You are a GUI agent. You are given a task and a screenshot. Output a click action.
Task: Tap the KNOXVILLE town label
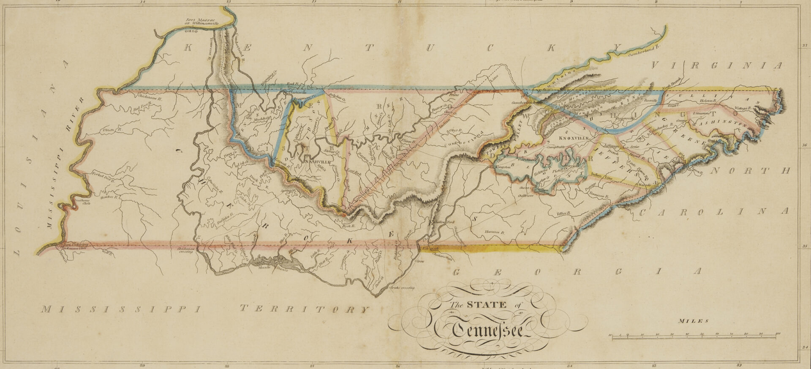(574, 138)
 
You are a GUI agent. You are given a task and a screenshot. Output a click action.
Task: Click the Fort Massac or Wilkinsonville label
(200, 22)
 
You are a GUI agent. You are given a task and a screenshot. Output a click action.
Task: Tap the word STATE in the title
(487, 305)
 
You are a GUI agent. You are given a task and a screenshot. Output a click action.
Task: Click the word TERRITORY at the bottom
(304, 309)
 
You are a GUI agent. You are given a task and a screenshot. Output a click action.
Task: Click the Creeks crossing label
(402, 288)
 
